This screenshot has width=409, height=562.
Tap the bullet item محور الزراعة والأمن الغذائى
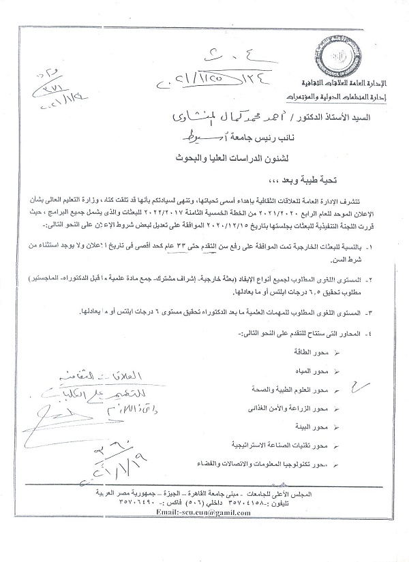[x=300, y=408]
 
